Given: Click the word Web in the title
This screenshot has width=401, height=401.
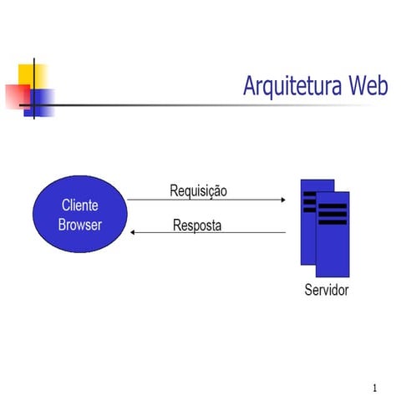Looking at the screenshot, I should coord(368,85).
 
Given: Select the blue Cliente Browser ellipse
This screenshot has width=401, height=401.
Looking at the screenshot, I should coord(79,215).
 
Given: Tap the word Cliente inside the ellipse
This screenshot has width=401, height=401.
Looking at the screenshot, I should coord(80,206).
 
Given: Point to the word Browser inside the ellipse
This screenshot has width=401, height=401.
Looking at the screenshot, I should coord(80,225).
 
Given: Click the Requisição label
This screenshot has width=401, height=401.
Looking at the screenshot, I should coord(198,190).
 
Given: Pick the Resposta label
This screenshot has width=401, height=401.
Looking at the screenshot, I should coord(197,225).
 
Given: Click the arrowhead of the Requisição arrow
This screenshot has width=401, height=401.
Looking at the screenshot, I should coord(283,200).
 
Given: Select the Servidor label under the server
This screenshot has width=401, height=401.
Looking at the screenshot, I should coord(327,291).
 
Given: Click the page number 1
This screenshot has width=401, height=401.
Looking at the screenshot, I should coord(375,388).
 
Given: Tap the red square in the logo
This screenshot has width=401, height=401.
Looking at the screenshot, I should coord(17,96).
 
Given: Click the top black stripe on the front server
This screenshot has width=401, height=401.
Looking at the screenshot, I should coord(332,205).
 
